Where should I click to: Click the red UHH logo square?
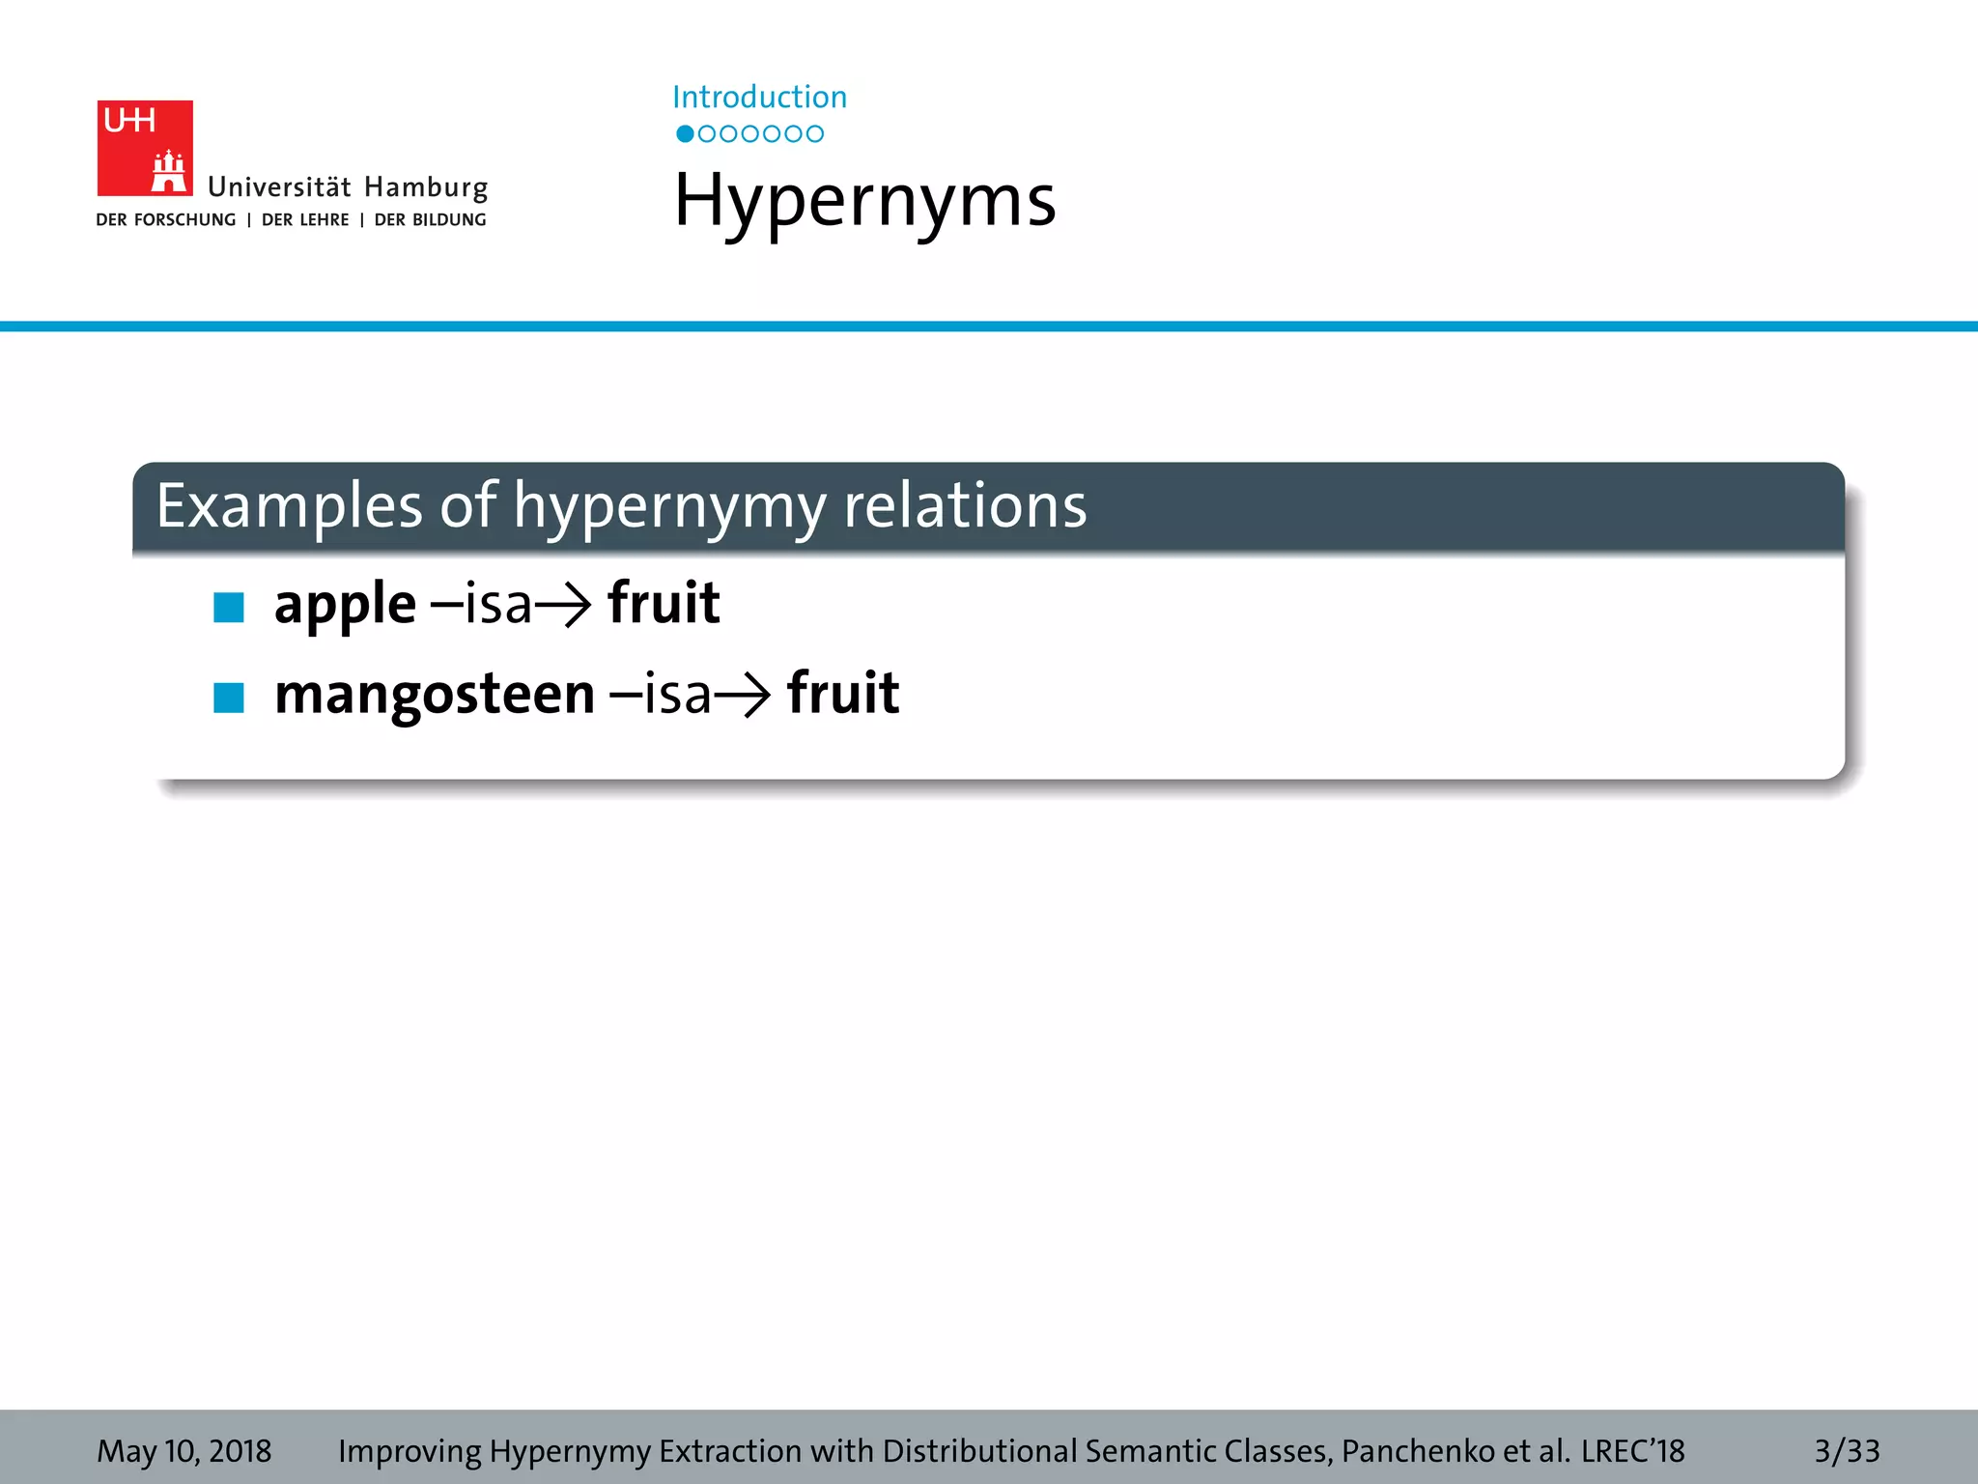pyautogui.click(x=145, y=148)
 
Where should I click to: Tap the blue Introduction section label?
pyautogui.click(x=759, y=97)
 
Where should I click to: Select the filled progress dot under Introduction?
pyautogui.click(x=685, y=134)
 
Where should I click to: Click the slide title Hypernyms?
pyautogui.click(x=864, y=201)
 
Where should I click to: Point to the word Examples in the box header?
pyautogui.click(x=289, y=505)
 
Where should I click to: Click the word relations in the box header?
pyautogui.click(x=965, y=505)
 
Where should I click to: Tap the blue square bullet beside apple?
pyautogui.click(x=229, y=608)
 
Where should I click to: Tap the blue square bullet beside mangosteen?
pyautogui.click(x=229, y=697)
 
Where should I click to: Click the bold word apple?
pyautogui.click(x=345, y=605)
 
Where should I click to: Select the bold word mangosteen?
pyautogui.click(x=435, y=694)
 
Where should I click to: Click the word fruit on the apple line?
pyautogui.click(x=664, y=603)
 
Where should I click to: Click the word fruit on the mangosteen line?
pyautogui.click(x=843, y=693)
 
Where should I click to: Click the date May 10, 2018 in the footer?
pyautogui.click(x=184, y=1450)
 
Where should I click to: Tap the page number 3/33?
pyautogui.click(x=1847, y=1450)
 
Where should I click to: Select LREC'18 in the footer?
pyautogui.click(x=1632, y=1450)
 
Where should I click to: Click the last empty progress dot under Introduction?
pyautogui.click(x=815, y=134)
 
